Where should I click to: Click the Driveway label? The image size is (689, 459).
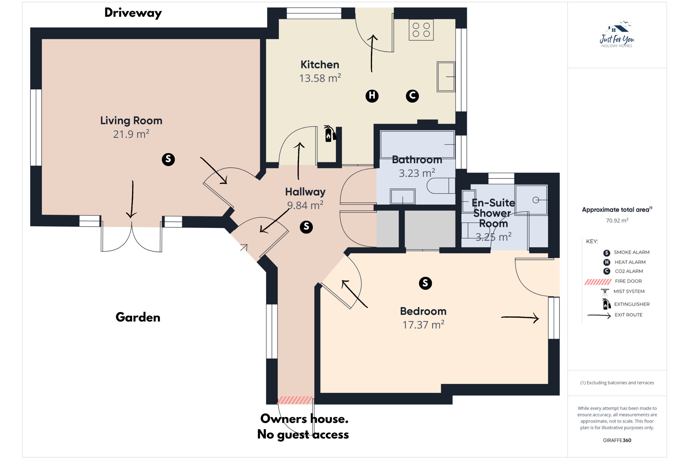[x=133, y=13]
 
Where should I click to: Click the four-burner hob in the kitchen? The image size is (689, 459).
[x=421, y=30]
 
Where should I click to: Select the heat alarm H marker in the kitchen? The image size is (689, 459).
[x=372, y=96]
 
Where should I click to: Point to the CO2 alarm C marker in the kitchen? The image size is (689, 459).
[x=412, y=96]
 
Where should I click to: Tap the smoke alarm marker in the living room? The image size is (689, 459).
[x=168, y=159]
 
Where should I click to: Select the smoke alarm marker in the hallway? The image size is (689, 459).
[x=306, y=227]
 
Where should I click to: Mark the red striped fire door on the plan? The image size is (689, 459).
[x=295, y=400]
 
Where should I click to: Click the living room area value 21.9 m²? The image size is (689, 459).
[x=131, y=134]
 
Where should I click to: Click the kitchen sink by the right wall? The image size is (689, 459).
[x=446, y=77]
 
